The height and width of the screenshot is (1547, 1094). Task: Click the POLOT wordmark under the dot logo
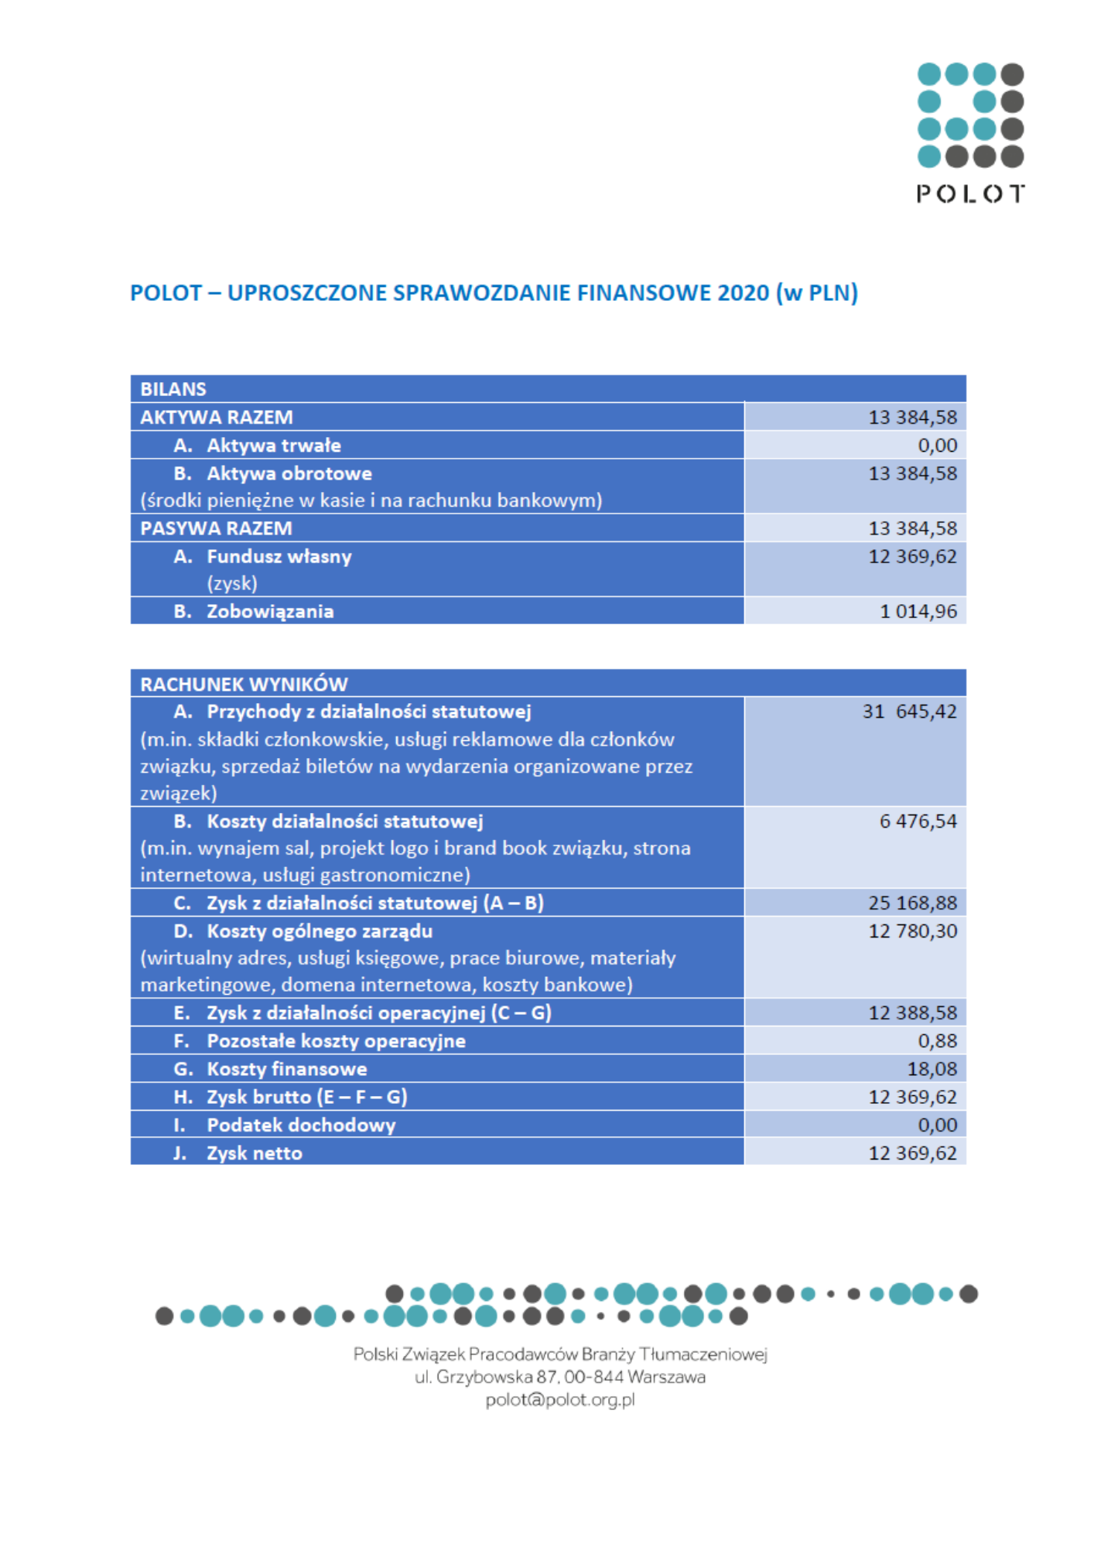click(x=970, y=193)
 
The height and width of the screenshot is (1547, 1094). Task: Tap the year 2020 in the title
click(x=743, y=293)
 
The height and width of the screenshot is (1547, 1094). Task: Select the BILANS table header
click(x=173, y=389)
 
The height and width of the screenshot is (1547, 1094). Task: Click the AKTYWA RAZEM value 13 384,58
click(x=912, y=418)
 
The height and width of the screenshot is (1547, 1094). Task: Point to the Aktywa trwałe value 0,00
click(x=937, y=446)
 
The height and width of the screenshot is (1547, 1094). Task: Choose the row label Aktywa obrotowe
click(x=289, y=473)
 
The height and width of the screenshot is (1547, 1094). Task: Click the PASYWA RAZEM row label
click(x=216, y=528)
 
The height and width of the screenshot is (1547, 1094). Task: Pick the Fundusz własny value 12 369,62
click(x=912, y=557)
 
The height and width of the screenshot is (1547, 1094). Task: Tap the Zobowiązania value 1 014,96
click(x=918, y=612)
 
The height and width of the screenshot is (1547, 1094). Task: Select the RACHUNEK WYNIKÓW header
click(x=244, y=685)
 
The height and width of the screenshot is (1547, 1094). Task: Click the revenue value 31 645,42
click(x=909, y=712)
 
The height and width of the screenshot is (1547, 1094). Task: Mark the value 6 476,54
click(x=918, y=821)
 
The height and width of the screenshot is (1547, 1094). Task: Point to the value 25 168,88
click(x=912, y=903)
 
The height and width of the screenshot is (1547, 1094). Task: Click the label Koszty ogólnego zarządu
click(x=319, y=931)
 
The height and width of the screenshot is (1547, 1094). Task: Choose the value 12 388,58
click(x=912, y=1013)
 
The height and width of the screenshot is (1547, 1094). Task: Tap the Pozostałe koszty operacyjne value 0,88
click(x=937, y=1041)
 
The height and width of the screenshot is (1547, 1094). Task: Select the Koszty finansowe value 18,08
click(x=932, y=1069)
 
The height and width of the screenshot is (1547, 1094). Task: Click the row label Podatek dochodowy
click(x=301, y=1125)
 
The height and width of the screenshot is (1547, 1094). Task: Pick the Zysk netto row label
click(x=254, y=1153)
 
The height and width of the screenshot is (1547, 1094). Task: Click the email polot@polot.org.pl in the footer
click(x=560, y=1400)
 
